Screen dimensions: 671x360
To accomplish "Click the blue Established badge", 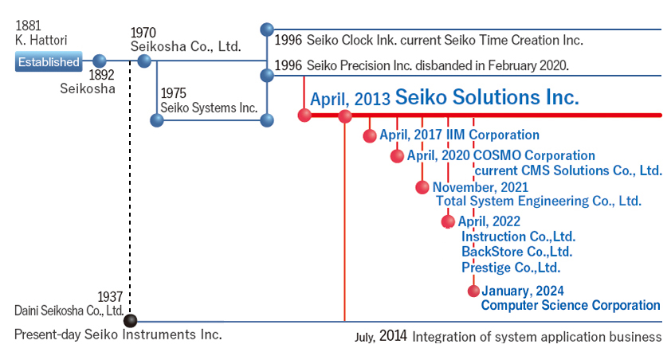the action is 48,62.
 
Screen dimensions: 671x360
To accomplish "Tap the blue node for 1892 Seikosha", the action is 100,61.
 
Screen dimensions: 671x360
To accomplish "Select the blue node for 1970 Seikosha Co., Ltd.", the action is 144,61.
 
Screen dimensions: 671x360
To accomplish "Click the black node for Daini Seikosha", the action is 130,320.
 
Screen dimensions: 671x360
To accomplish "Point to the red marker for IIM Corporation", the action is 370,135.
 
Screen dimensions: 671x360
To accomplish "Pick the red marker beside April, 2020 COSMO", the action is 397,156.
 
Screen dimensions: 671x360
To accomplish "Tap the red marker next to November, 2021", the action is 422,187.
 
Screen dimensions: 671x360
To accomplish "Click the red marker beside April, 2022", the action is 448,221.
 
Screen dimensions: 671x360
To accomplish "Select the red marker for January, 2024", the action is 473,292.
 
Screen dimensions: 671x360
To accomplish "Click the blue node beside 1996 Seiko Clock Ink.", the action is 267,29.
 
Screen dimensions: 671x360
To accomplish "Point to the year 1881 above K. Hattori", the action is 28,25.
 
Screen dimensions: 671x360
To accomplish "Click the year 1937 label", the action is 110,297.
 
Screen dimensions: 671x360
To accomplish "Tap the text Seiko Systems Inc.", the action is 209,108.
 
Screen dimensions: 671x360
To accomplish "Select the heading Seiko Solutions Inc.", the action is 487,97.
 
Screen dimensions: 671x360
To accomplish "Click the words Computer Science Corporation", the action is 571,305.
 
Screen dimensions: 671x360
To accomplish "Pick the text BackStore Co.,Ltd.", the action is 517,252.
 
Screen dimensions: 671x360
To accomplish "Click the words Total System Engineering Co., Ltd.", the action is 539,201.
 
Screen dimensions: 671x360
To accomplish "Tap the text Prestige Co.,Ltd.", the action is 511,268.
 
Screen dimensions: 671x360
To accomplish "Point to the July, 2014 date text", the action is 381,336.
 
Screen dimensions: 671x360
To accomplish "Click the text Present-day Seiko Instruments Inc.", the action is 118,335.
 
